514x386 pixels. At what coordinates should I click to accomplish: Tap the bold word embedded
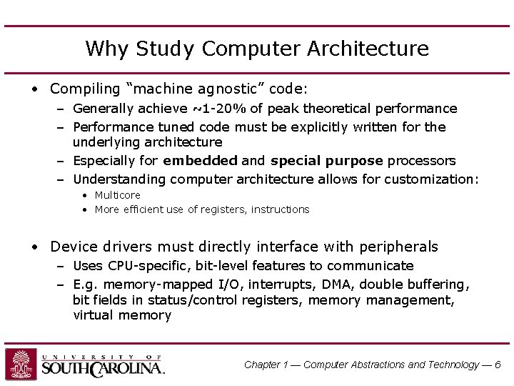coord(200,161)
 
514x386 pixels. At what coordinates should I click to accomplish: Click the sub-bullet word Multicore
coord(117,195)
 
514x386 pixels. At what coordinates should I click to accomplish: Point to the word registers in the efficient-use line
coord(221,209)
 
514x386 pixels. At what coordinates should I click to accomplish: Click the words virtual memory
coord(122,315)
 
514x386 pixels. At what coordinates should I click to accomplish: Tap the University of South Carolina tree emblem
coord(21,364)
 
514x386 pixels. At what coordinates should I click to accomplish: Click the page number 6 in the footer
coord(498,365)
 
